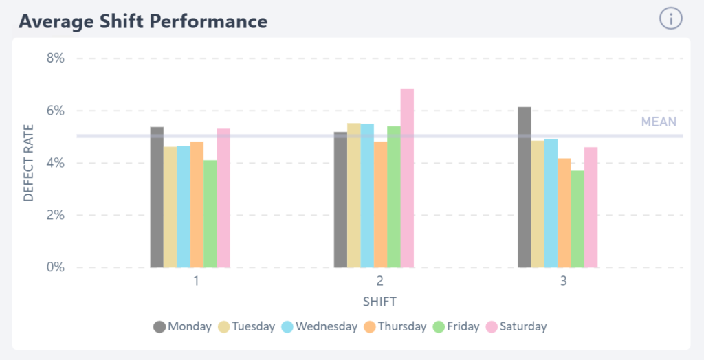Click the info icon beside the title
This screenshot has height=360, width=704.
tap(671, 19)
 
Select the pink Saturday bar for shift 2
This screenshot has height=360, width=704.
tap(407, 178)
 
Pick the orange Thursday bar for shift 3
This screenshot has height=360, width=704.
tap(564, 213)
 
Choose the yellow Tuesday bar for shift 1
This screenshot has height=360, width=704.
tap(170, 207)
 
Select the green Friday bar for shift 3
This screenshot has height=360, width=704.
tap(577, 219)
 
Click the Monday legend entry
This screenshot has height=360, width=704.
tap(182, 326)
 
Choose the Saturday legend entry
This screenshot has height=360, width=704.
tap(516, 326)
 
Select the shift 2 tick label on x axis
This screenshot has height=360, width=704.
tap(380, 281)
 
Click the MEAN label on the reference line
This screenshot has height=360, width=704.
tap(659, 122)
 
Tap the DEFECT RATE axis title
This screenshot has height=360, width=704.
tap(29, 163)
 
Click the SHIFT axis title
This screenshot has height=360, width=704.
tap(380, 302)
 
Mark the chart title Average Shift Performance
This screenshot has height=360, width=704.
tap(143, 21)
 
